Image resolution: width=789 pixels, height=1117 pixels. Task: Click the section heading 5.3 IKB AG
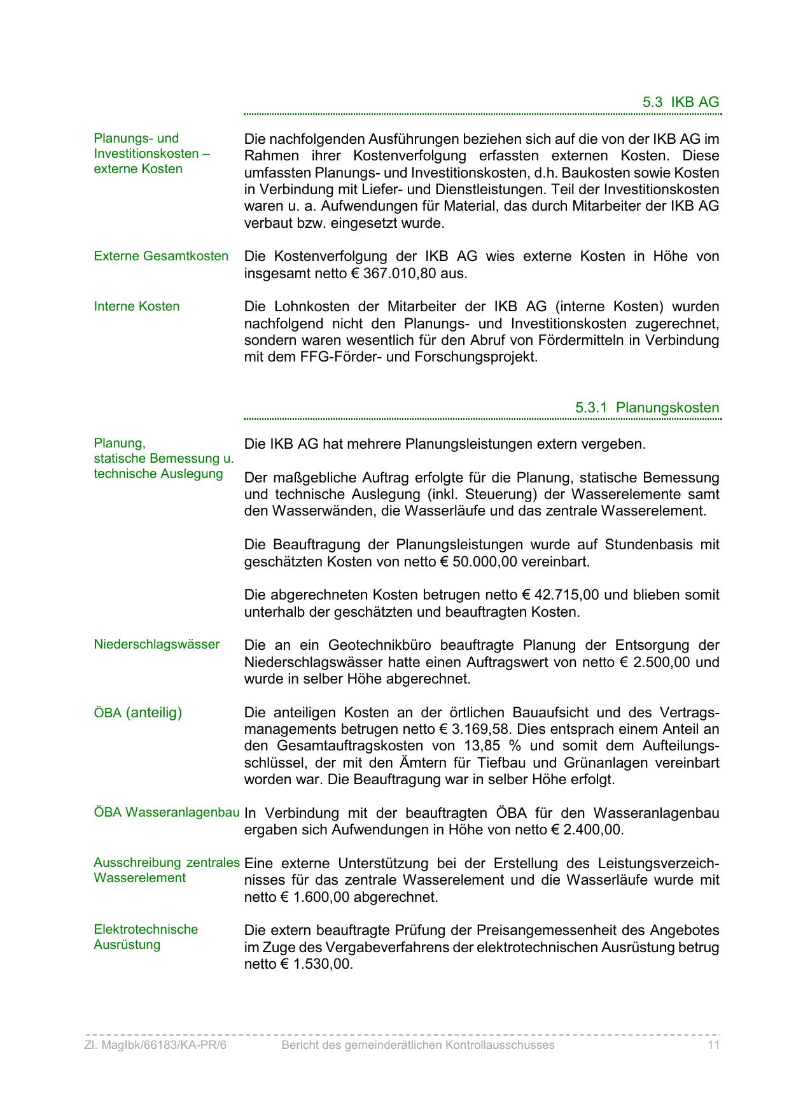(680, 102)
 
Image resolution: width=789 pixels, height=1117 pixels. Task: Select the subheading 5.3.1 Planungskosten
(647, 407)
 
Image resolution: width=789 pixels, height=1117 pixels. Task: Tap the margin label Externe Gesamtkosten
(161, 256)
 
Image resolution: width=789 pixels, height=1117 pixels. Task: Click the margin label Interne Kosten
(137, 306)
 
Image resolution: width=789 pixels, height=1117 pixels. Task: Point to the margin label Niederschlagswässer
(157, 644)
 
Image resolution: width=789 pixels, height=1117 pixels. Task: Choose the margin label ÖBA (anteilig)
(137, 712)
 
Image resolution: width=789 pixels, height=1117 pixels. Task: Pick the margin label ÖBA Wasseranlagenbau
(167, 812)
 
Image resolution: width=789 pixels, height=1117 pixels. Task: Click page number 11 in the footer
(713, 1045)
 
